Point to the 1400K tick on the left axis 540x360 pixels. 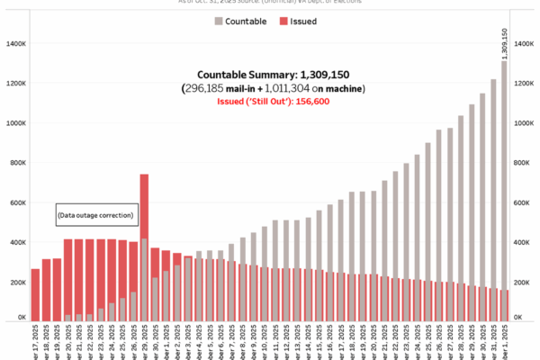pos(16,43)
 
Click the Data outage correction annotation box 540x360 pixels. pos(95,215)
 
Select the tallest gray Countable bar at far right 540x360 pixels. pos(503,190)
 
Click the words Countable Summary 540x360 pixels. pos(237,74)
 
